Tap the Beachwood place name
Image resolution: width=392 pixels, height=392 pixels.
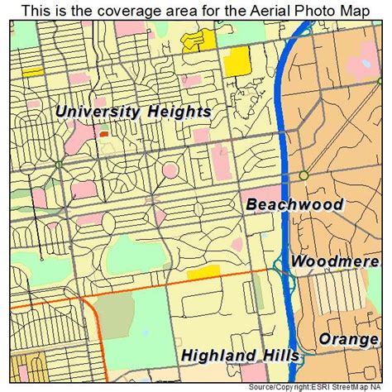click(294, 204)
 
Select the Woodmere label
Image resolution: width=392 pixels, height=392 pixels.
click(335, 261)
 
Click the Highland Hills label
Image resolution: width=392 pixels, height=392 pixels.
click(239, 356)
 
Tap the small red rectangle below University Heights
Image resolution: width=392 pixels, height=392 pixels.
click(104, 132)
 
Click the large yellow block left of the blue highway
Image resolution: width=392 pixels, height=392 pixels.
click(237, 60)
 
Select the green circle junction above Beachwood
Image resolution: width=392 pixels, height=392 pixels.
click(304, 175)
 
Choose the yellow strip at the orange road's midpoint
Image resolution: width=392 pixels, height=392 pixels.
click(203, 272)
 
